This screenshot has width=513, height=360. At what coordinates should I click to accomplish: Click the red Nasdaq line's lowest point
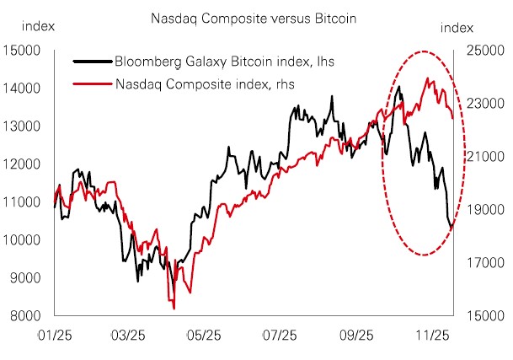174,308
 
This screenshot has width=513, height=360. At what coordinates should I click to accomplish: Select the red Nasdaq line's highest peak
430,78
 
